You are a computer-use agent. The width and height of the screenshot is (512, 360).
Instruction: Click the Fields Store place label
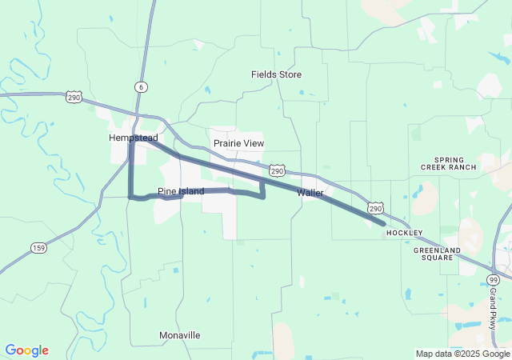click(276, 74)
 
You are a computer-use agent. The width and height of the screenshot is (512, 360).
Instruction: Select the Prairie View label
click(238, 143)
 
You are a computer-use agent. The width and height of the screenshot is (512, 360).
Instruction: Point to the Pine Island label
click(181, 191)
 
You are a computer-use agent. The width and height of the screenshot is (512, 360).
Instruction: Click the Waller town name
click(310, 193)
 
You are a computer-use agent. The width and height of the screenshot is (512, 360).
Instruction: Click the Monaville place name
click(179, 335)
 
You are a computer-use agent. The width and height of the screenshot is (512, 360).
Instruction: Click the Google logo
click(26, 350)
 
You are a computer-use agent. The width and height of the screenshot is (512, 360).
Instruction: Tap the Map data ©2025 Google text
click(462, 354)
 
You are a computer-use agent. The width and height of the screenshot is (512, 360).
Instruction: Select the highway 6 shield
click(141, 86)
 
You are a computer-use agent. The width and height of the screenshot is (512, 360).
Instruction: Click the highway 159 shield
click(39, 248)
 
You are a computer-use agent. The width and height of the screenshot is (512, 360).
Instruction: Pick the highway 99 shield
click(492, 279)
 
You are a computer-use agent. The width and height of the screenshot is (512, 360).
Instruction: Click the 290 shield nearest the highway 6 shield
click(74, 97)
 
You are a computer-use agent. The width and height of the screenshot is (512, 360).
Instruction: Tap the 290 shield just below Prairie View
click(276, 170)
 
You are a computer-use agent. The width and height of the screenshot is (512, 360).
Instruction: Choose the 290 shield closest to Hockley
click(376, 209)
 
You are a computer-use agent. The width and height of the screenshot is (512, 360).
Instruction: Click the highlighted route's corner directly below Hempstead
click(130, 196)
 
